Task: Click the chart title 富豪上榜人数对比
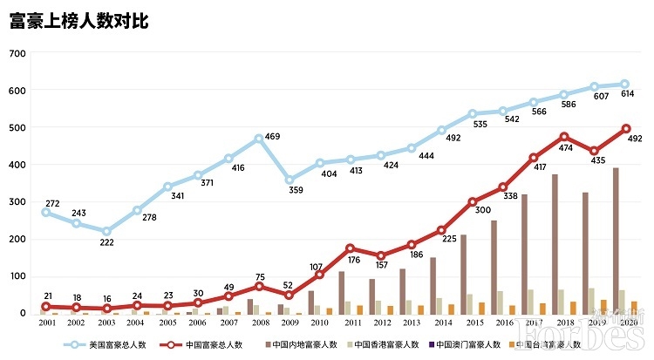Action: coord(79,22)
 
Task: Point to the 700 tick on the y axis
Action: coord(18,53)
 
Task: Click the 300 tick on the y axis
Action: coord(18,202)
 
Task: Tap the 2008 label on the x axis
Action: coord(258,322)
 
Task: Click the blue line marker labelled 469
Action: coord(259,139)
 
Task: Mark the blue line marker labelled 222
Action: coord(106,231)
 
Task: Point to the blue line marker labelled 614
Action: coord(624,85)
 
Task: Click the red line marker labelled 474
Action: coord(564,137)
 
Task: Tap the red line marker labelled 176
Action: coord(350,248)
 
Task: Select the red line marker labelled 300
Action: coord(473,202)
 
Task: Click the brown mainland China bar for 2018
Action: coord(555,244)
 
